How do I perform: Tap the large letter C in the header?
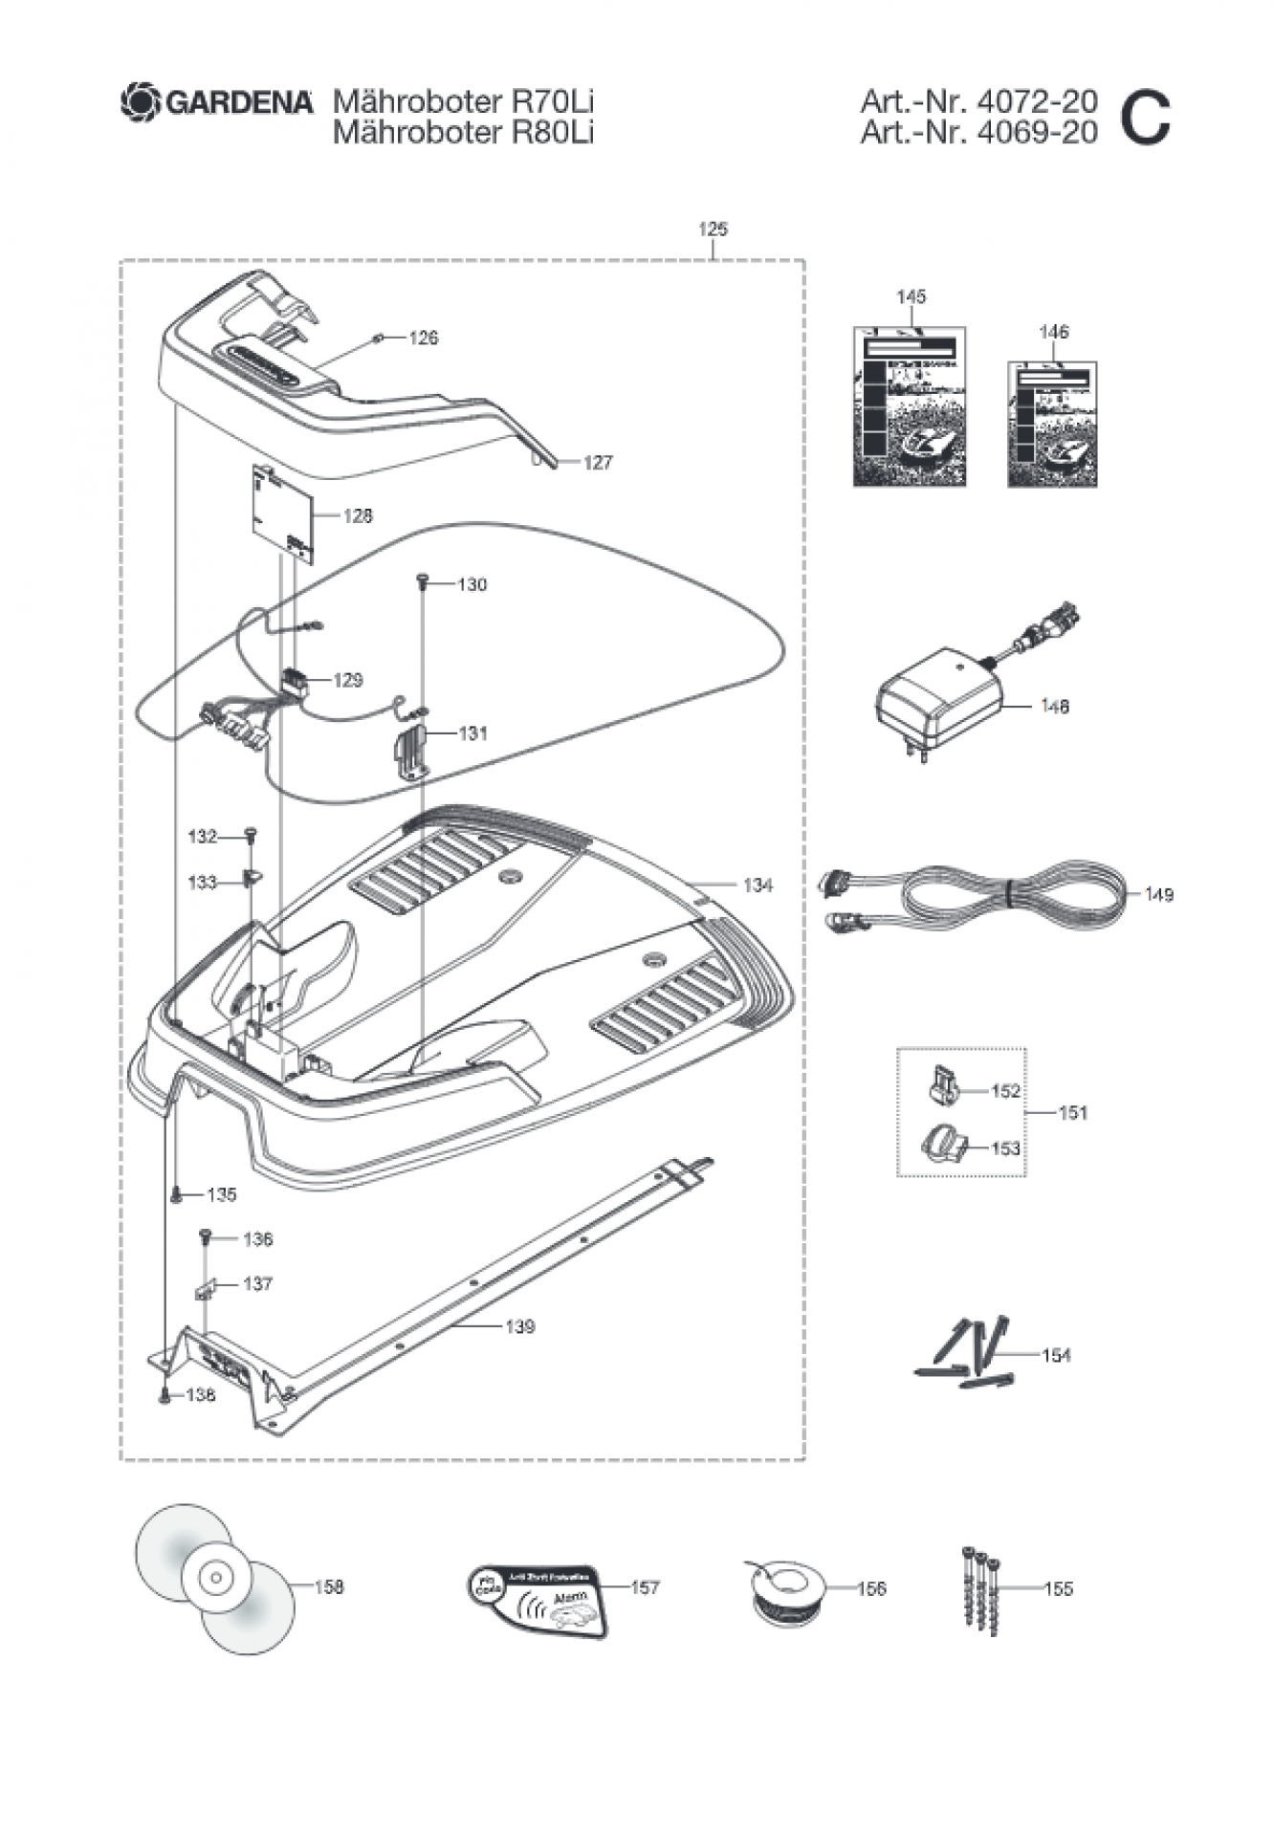click(x=1144, y=118)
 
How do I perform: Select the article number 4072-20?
click(x=1037, y=101)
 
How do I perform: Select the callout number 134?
click(x=758, y=885)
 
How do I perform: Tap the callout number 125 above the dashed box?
click(x=713, y=229)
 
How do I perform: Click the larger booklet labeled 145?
click(x=910, y=406)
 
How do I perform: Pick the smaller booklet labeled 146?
click(x=1052, y=425)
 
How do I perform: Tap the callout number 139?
click(x=519, y=1326)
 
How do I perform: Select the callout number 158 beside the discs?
click(x=328, y=1586)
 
